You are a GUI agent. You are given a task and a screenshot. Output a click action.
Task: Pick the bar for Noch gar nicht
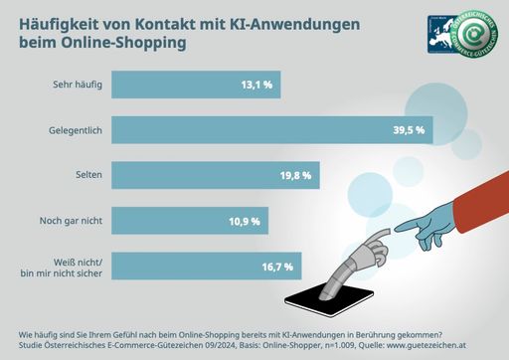(x=190, y=219)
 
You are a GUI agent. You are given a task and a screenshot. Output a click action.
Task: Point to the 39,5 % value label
(x=407, y=129)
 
